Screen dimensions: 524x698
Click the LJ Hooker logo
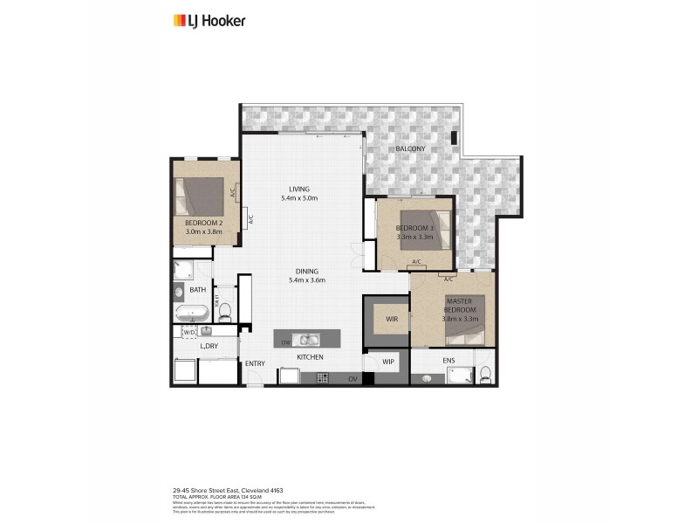209,20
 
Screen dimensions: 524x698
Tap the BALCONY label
410,148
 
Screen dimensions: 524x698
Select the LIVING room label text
300,190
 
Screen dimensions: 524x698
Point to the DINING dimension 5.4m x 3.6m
306,280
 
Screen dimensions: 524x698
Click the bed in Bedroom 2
202,196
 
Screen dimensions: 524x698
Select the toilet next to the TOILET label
224,310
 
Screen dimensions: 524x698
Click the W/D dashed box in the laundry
189,332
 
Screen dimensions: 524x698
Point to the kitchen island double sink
307,340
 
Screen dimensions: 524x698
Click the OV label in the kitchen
354,378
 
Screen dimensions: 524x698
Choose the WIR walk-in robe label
392,320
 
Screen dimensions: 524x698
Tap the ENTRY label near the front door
255,364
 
